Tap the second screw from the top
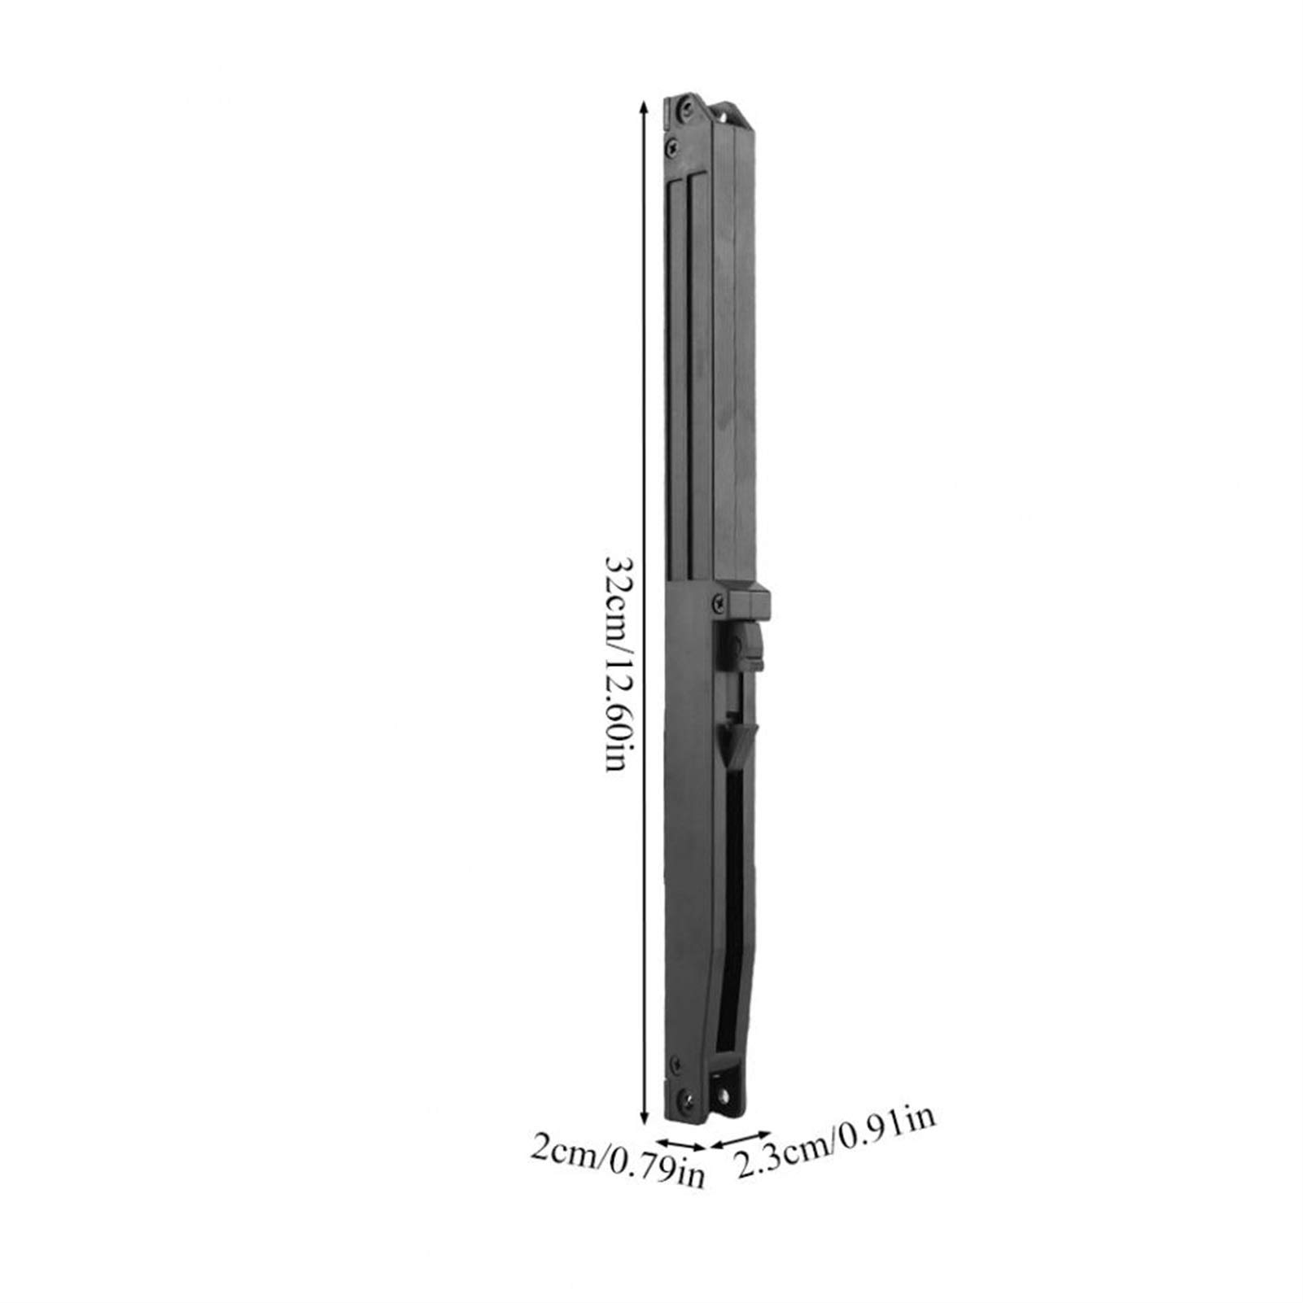click(x=671, y=147)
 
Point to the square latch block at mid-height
click(x=749, y=601)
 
